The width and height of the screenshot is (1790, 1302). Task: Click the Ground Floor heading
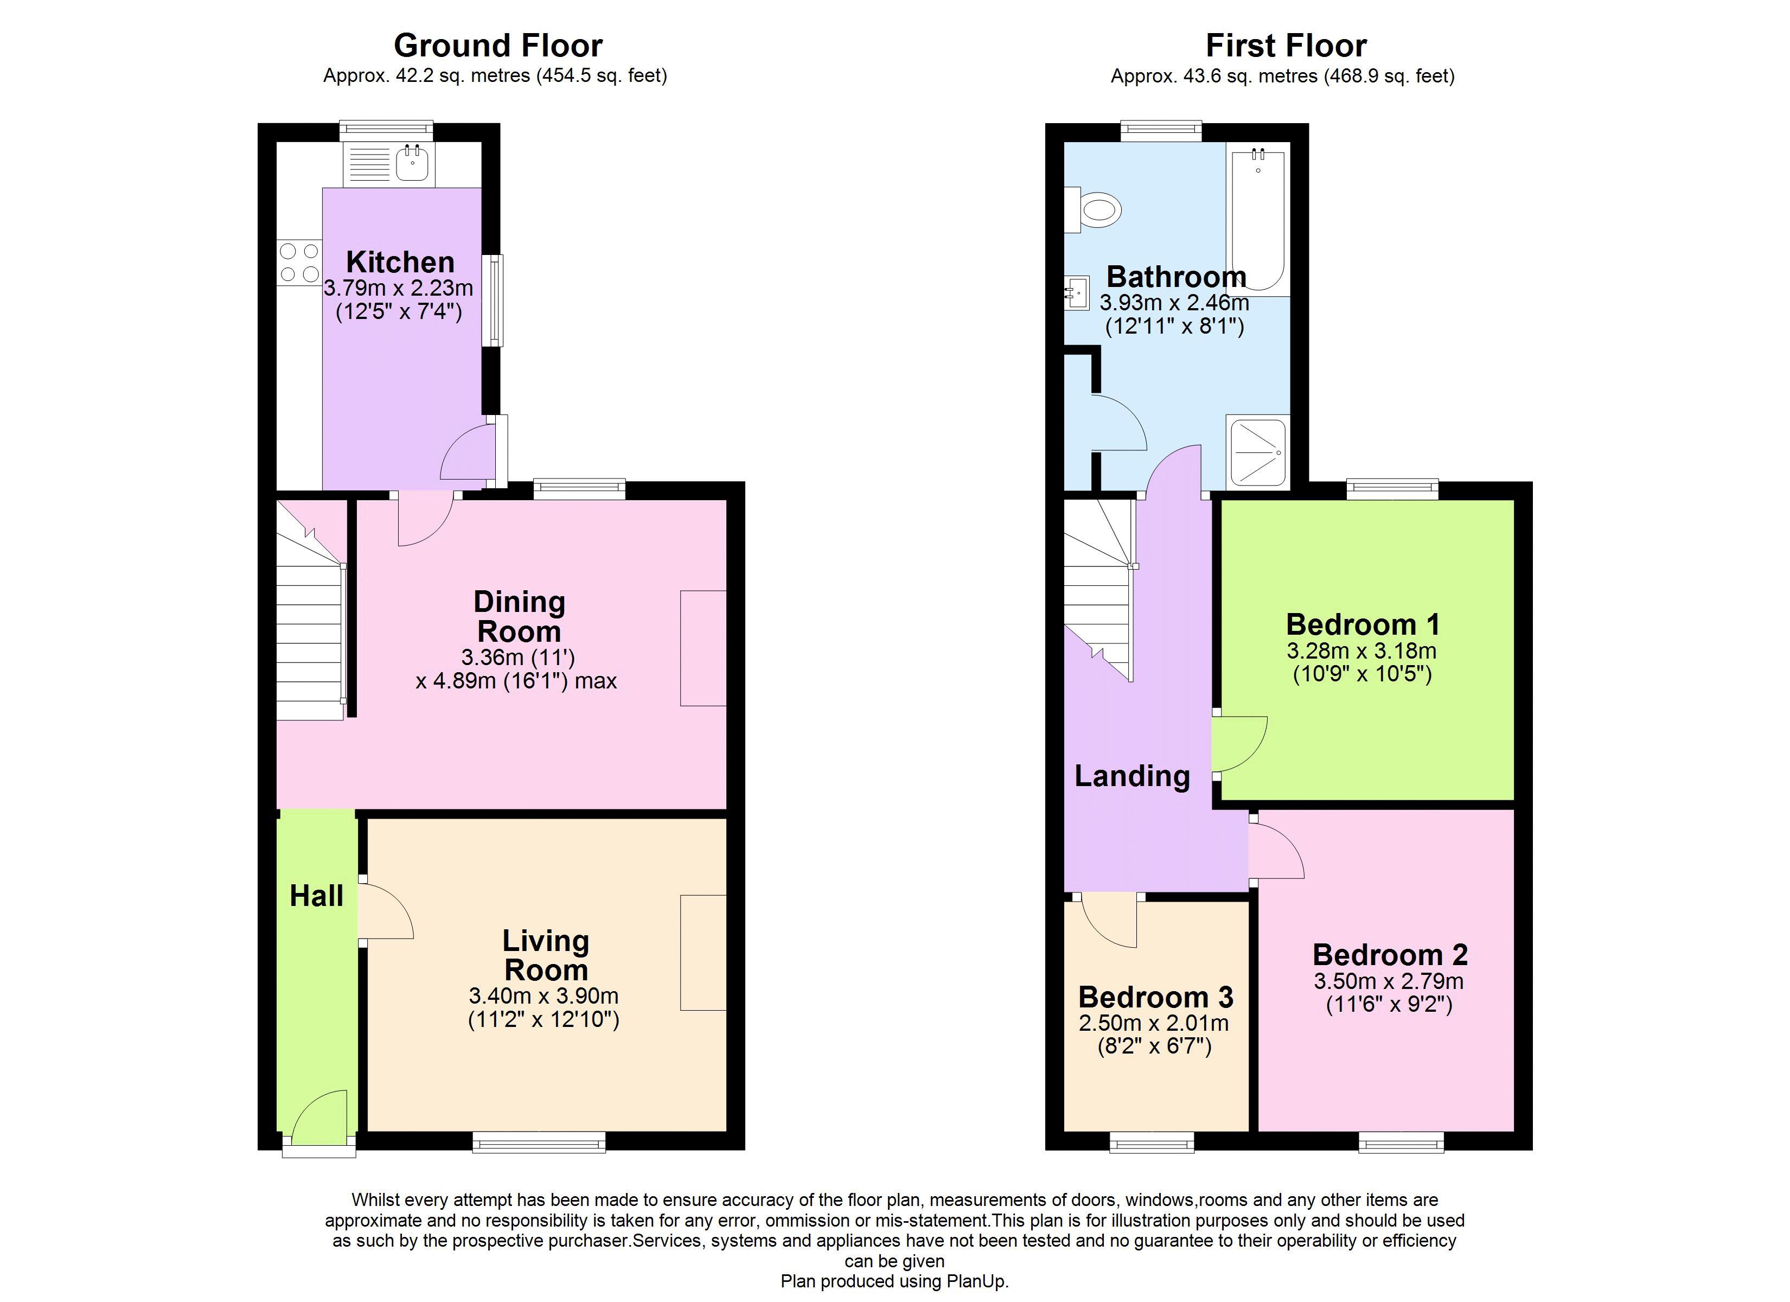[498, 46]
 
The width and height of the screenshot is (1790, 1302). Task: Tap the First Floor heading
[1286, 46]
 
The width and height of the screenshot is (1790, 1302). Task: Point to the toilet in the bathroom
[1092, 210]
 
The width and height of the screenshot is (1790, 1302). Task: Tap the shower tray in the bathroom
[1258, 452]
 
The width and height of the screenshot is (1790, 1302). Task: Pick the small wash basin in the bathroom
[1077, 293]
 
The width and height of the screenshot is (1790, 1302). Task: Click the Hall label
[316, 896]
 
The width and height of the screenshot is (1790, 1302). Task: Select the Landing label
[1132, 776]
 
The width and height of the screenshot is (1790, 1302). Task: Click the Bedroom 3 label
[1155, 997]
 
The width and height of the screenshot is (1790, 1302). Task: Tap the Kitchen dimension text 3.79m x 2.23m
[399, 288]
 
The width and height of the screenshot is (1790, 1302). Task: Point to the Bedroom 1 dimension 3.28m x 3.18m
[1361, 650]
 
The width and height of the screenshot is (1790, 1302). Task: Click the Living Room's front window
[539, 1142]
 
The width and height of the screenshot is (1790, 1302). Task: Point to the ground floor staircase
[310, 611]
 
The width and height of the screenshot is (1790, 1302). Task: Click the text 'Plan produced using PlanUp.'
[894, 1281]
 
